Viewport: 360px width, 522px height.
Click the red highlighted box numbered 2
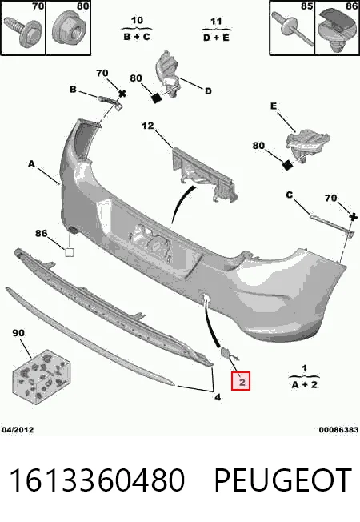241,381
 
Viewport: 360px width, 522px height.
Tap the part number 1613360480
97,480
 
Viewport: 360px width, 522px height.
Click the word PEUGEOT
283,480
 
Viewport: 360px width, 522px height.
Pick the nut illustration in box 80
68,29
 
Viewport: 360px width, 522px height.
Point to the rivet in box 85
292,28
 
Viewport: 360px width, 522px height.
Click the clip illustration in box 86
336,30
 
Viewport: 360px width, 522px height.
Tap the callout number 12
148,126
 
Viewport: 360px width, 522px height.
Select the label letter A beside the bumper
31,164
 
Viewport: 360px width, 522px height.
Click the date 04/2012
18,430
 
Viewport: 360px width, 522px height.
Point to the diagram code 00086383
338,430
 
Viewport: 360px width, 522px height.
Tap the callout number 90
18,333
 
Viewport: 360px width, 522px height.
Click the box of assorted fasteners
42,376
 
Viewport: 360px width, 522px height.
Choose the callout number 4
218,397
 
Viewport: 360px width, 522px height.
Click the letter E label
274,106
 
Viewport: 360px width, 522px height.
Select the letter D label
208,91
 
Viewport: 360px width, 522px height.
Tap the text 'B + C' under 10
137,37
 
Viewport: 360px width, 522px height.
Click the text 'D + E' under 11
216,38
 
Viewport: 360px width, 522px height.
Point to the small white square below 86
70,252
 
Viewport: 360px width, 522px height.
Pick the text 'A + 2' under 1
305,385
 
